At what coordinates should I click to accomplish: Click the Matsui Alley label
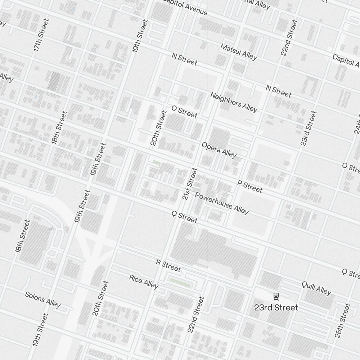point(239,52)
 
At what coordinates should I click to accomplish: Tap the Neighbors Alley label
point(234,102)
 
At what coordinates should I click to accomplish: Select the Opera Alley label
point(219,150)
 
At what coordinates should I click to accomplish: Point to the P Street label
point(250,186)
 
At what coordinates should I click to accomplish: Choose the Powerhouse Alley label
point(221,203)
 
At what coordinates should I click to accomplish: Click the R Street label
point(168,265)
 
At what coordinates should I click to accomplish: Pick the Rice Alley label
point(144,282)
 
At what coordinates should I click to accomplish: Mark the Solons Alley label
point(43,300)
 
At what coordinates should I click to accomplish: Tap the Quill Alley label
point(316,288)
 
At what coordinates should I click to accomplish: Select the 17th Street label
point(41,35)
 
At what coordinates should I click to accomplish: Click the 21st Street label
point(190,184)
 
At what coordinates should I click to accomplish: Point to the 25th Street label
point(342,321)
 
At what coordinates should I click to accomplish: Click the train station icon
point(276,296)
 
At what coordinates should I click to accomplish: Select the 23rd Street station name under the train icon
point(276,307)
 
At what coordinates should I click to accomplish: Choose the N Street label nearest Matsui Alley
point(184,59)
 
